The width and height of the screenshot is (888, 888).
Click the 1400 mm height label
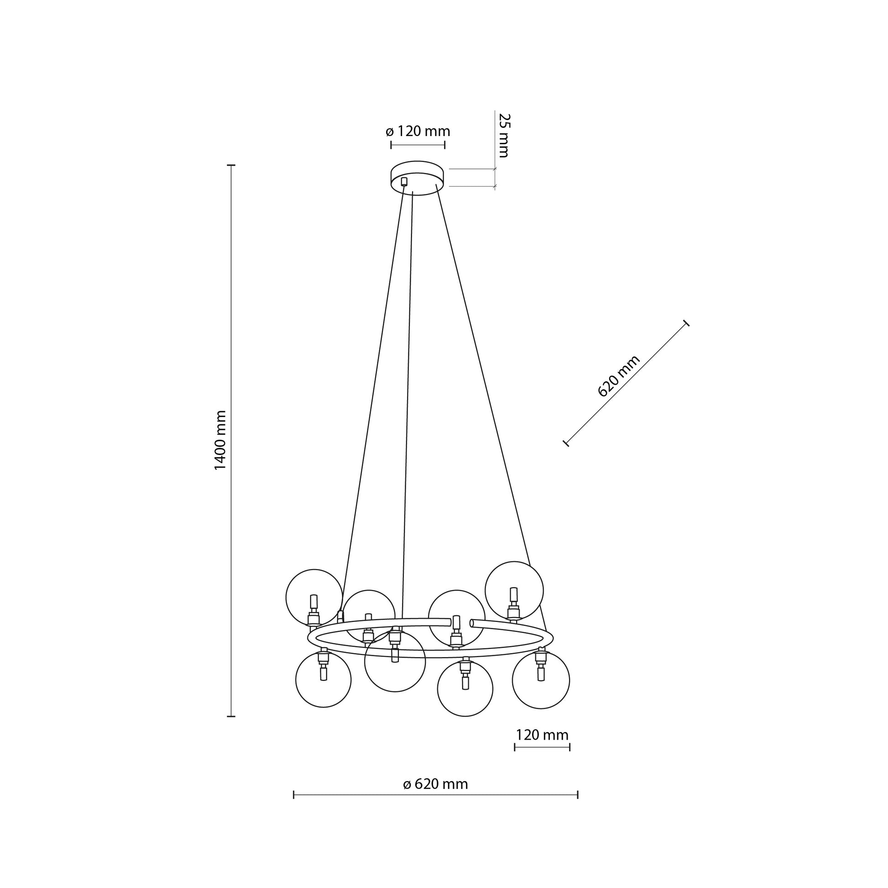tap(220, 440)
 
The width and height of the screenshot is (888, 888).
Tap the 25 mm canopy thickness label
tap(504, 135)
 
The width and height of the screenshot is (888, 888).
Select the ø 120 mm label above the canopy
tap(418, 131)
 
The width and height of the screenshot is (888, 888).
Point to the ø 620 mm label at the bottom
tap(435, 784)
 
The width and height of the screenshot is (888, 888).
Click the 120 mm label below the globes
tap(542, 735)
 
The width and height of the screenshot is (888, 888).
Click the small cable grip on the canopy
tap(404, 182)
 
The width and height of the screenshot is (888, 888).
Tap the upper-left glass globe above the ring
tap(314, 597)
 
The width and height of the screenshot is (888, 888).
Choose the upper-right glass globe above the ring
tap(514, 590)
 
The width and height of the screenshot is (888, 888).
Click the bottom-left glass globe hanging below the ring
tap(323, 680)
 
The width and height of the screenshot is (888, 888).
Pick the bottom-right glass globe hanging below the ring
tap(541, 680)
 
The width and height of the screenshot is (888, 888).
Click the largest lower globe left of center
tap(395, 661)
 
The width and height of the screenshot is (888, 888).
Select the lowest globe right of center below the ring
tap(465, 689)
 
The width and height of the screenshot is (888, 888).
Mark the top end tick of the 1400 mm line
tap(232, 165)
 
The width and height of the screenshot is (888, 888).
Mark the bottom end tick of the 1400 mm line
tap(232, 716)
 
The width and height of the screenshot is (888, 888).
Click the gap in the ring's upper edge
tap(461, 623)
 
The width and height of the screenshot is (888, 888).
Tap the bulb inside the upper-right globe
tap(513, 595)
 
